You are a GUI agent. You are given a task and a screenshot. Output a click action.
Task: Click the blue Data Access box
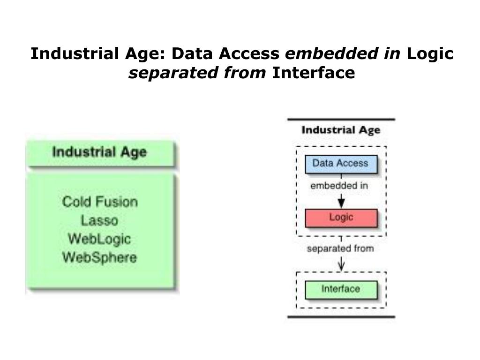(x=341, y=164)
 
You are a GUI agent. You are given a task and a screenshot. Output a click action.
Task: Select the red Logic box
(x=341, y=218)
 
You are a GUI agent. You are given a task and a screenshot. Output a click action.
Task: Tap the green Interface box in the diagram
(x=341, y=289)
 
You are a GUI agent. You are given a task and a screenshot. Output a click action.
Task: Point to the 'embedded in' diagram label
(x=339, y=186)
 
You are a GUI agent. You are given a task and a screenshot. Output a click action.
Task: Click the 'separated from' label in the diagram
(x=340, y=248)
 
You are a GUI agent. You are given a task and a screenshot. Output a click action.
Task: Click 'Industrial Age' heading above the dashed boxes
(x=341, y=130)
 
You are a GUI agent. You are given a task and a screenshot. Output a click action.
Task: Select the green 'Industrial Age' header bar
(x=100, y=153)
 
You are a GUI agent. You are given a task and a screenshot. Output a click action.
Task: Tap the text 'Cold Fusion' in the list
(x=100, y=202)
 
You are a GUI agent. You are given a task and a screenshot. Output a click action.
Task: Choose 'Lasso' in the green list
(x=99, y=220)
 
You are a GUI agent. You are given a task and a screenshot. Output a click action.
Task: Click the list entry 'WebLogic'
(x=99, y=239)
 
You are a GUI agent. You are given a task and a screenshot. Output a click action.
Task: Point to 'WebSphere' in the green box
(x=99, y=257)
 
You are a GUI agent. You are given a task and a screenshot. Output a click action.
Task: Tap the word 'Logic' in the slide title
(x=430, y=54)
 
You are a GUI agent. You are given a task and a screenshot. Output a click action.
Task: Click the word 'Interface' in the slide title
(x=314, y=73)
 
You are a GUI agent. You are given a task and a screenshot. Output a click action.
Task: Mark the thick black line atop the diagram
(x=341, y=119)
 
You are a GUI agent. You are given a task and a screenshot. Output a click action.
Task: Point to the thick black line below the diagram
(x=341, y=317)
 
